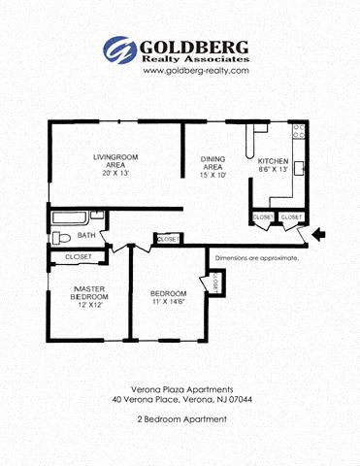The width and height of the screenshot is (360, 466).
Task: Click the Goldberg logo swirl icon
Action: pyautogui.click(x=120, y=50)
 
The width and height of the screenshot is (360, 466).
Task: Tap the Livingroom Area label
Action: pyautogui.click(x=116, y=161)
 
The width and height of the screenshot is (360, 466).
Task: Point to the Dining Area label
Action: pyautogui.click(x=213, y=163)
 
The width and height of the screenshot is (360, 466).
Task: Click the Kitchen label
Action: pyautogui.click(x=272, y=160)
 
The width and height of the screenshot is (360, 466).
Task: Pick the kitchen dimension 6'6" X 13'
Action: pyautogui.click(x=273, y=170)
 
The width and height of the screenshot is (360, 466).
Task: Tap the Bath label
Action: pyautogui.click(x=86, y=235)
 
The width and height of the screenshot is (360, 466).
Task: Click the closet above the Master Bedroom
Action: pyautogui.click(x=78, y=256)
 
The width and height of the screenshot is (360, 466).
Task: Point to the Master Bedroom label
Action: pyautogui.click(x=88, y=293)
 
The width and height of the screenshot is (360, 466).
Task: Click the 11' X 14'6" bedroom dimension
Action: pyautogui.click(x=169, y=304)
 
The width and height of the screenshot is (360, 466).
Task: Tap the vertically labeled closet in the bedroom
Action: pyautogui.click(x=215, y=283)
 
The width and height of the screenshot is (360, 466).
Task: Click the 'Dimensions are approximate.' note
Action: pyautogui.click(x=256, y=258)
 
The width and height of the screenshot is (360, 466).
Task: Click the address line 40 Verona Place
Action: pyautogui.click(x=180, y=399)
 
